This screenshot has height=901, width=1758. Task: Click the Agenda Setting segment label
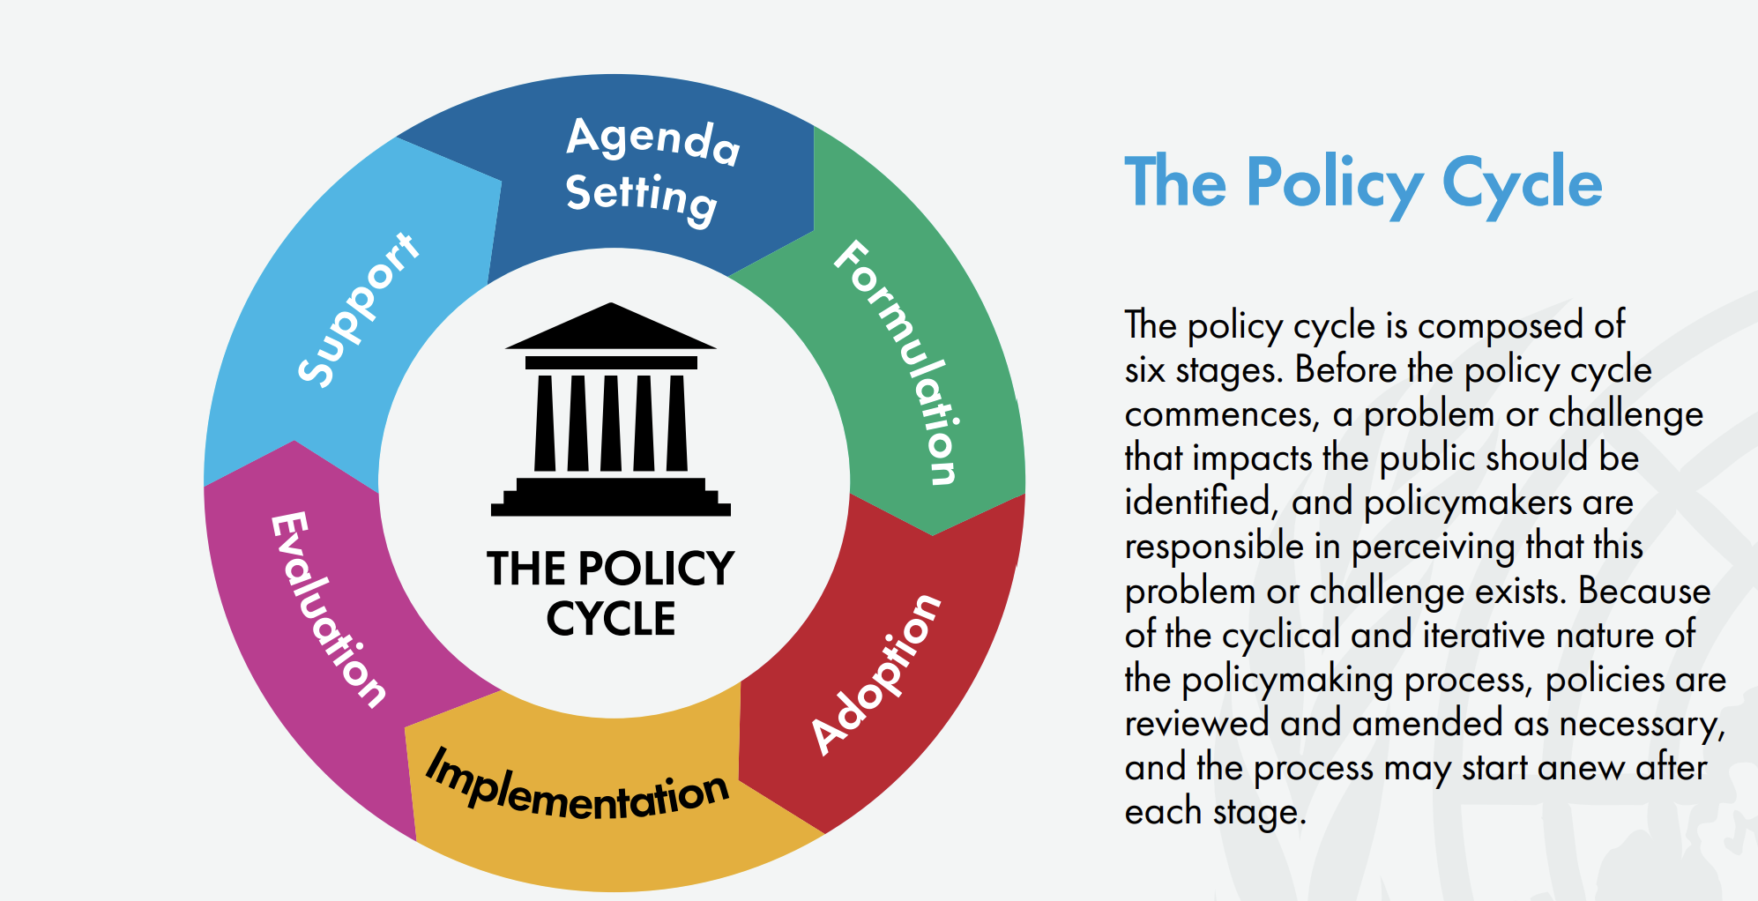pos(653,170)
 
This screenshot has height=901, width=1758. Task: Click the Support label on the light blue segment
pos(357,309)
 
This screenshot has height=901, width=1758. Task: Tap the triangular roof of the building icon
pos(610,326)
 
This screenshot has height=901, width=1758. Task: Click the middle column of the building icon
pos(611,422)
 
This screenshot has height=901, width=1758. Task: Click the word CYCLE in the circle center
pos(611,619)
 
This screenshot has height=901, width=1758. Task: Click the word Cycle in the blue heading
pos(1522,183)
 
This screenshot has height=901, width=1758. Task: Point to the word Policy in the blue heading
pos(1335,183)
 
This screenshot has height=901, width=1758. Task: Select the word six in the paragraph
pos(1144,370)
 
